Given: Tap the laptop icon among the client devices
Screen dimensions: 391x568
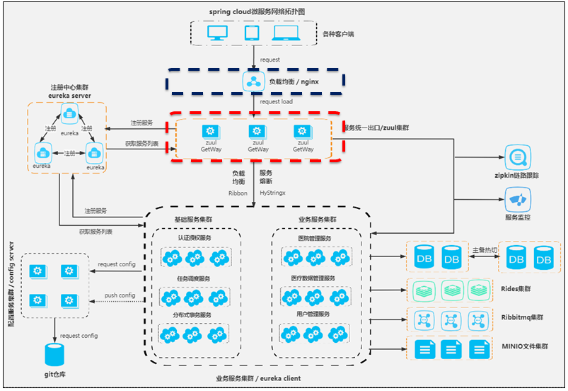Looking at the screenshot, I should click(x=286, y=33).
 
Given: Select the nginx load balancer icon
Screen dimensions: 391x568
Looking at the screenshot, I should click(x=253, y=81).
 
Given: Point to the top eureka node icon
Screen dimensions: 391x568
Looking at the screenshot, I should click(x=69, y=112).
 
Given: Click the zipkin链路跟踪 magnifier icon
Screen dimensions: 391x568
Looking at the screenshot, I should click(x=517, y=155).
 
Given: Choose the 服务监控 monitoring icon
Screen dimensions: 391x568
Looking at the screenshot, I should click(x=517, y=195).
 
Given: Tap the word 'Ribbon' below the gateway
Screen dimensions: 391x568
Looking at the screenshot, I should click(x=238, y=192).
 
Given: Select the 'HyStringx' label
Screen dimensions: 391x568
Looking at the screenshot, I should click(x=273, y=192).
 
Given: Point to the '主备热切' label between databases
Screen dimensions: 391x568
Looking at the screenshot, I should click(x=485, y=250).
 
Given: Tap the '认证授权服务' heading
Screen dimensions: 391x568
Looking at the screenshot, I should click(x=195, y=239).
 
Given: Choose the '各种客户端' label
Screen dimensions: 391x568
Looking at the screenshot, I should click(x=337, y=33).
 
